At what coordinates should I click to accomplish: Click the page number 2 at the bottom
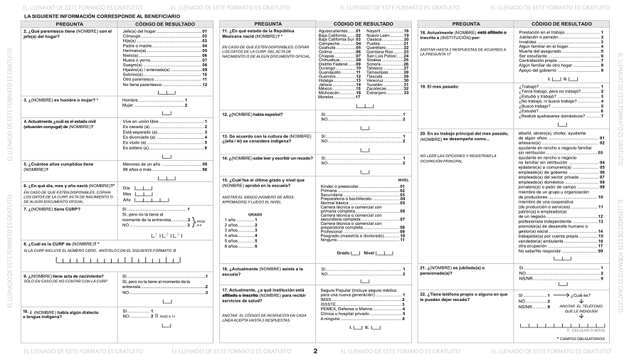point(314,351)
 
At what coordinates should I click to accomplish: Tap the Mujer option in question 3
point(129,105)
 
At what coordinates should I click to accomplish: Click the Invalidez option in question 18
point(531,42)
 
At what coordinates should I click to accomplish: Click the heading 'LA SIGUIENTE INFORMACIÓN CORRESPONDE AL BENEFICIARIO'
point(92,16)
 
